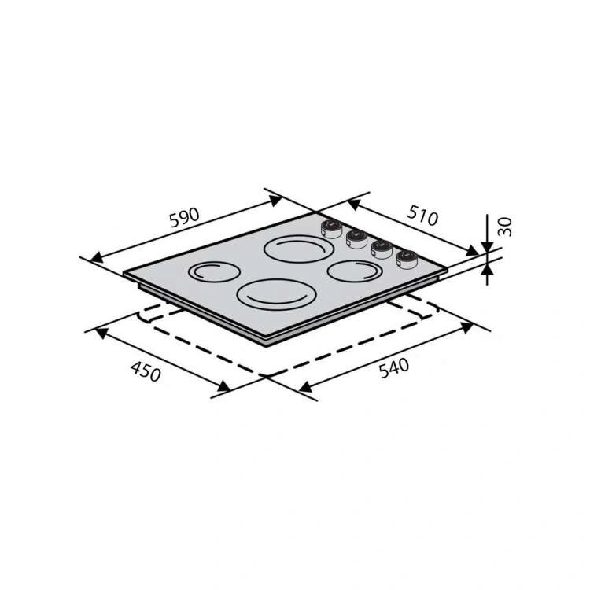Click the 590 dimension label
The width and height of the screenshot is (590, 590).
pyautogui.click(x=184, y=217)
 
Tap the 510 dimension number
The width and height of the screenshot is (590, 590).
pyautogui.click(x=422, y=216)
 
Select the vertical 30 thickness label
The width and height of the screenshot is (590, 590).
pyautogui.click(x=505, y=227)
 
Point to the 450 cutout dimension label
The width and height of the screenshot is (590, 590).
pyautogui.click(x=146, y=372)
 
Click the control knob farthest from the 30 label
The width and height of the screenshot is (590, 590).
pyautogui.click(x=331, y=229)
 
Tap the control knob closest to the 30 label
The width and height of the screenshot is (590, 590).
pyautogui.click(x=407, y=260)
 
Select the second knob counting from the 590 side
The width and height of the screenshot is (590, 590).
pyautogui.click(x=356, y=239)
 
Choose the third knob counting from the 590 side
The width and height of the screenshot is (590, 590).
pyautogui.click(x=382, y=249)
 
